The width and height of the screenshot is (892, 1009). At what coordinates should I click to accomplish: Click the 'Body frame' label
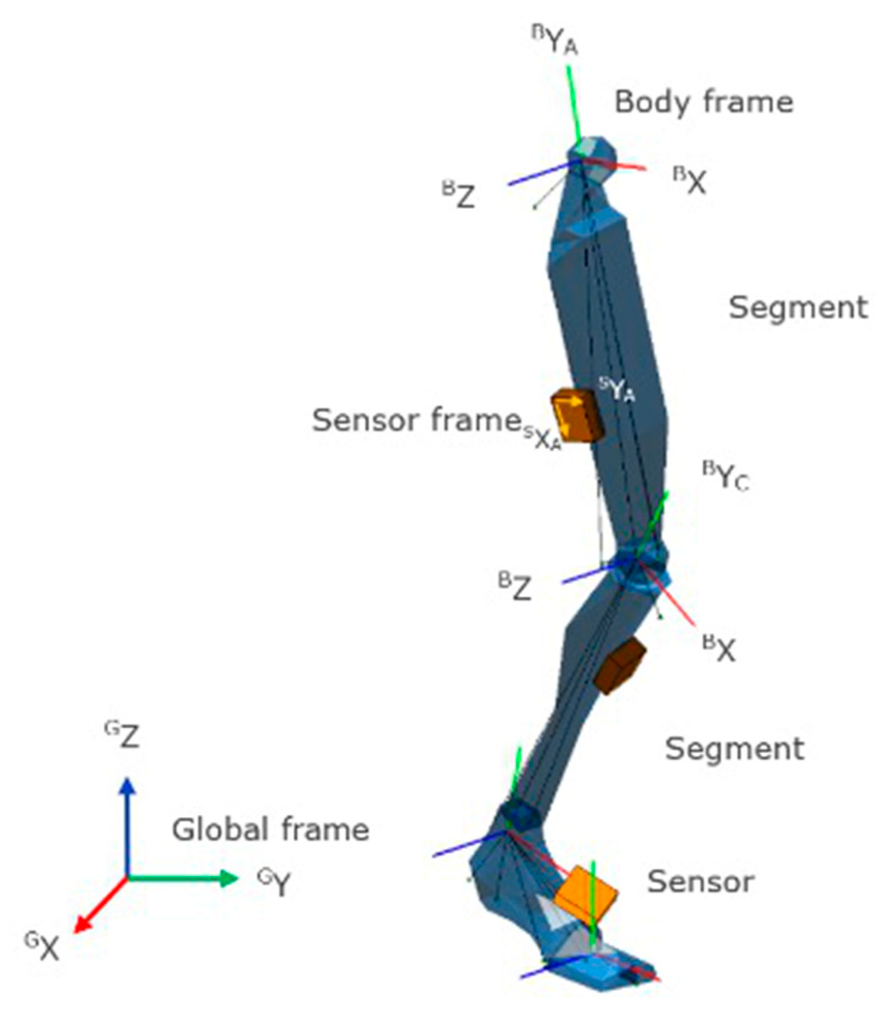[x=703, y=103]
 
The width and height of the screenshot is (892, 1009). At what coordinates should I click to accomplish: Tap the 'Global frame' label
[x=270, y=830]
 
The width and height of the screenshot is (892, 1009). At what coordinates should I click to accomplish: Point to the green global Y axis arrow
[x=182, y=878]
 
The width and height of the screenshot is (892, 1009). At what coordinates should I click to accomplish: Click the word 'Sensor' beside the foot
[x=700, y=882]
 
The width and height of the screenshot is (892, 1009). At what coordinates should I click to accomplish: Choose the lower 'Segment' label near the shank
[x=734, y=749]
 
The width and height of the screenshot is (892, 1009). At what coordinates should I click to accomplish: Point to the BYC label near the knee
[x=726, y=476]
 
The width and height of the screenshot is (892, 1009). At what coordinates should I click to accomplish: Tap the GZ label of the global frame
[x=122, y=736]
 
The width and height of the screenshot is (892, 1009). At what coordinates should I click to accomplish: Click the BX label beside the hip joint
[x=689, y=181]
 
